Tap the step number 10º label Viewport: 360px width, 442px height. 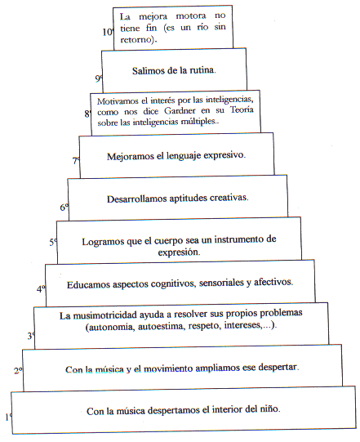[109, 32]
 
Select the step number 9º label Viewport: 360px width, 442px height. [99, 78]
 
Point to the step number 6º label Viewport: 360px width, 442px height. [64, 208]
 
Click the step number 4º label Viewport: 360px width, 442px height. [41, 289]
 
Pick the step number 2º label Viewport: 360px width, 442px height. [19, 370]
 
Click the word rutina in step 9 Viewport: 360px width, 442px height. [202, 70]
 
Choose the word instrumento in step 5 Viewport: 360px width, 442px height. [238, 239]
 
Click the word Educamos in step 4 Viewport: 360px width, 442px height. [88, 284]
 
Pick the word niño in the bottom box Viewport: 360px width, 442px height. [270, 409]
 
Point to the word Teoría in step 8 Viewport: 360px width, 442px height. [242, 109]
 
